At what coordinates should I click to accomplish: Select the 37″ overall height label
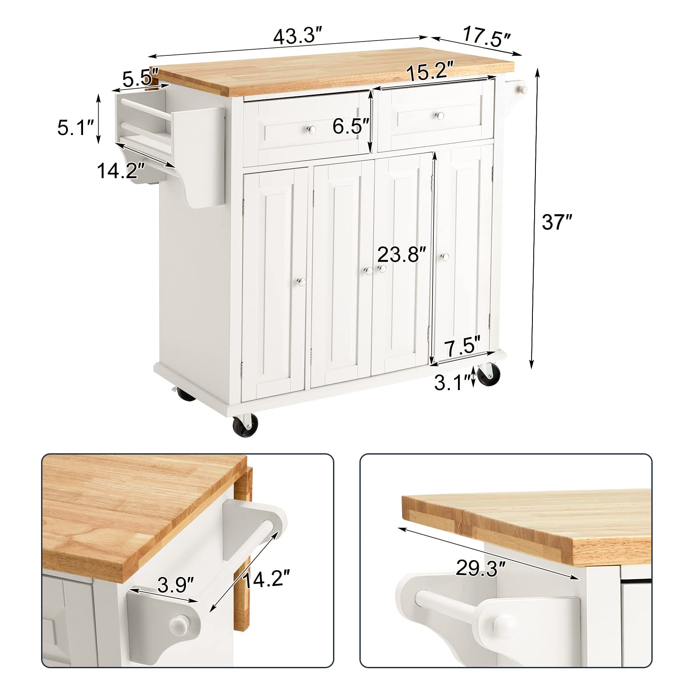coord(557,222)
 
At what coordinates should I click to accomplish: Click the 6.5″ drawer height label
coord(351,126)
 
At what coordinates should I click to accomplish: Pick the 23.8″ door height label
coord(402,254)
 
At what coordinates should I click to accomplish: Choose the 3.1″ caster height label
coord(452,382)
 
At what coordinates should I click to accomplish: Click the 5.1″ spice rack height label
coord(76,128)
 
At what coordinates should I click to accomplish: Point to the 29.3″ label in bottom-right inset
coord(481,568)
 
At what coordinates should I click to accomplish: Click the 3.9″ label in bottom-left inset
coord(175,585)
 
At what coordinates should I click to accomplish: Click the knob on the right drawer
coord(440,115)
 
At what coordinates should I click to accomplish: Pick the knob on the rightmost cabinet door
coord(445,257)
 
